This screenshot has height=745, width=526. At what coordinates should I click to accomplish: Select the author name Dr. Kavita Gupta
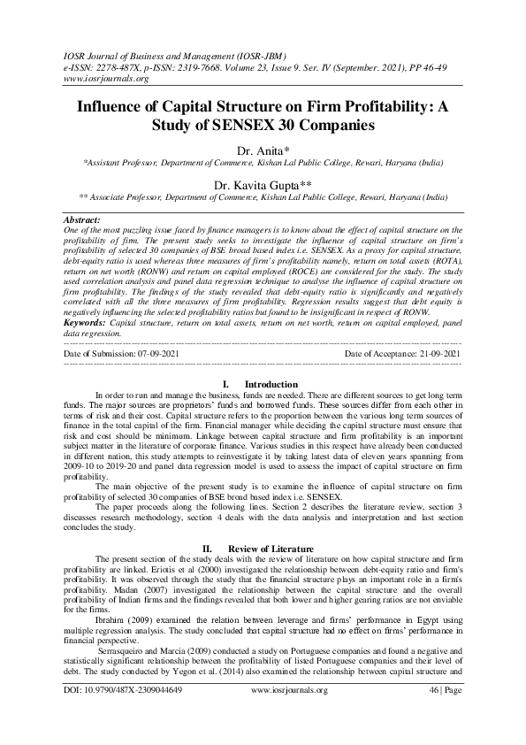point(263,184)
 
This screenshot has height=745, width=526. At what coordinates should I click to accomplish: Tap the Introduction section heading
point(271,384)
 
